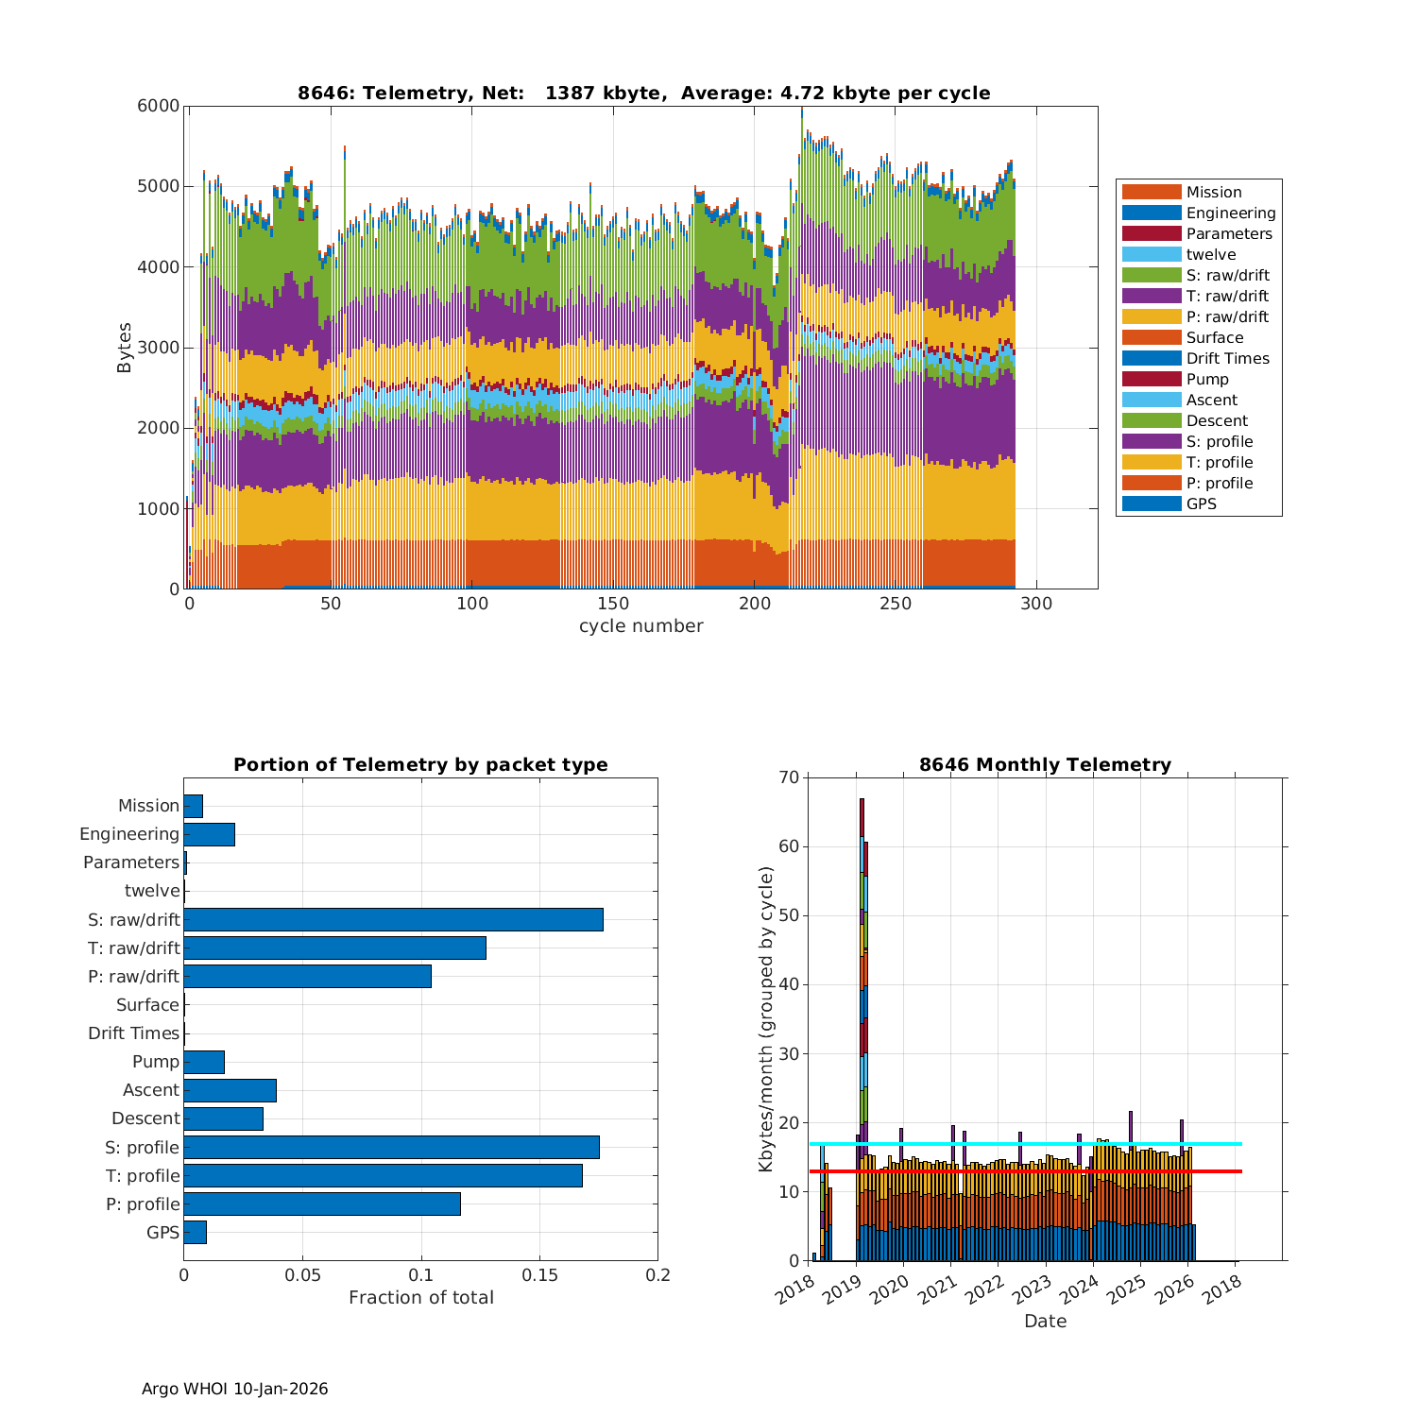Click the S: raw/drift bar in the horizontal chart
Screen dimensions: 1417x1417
pyautogui.click(x=393, y=919)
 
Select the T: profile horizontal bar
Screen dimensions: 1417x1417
pyautogui.click(x=383, y=1175)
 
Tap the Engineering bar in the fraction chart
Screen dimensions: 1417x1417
pyautogui.click(x=209, y=834)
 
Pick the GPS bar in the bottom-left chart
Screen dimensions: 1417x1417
pyautogui.click(x=195, y=1232)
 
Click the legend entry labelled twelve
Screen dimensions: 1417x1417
pyautogui.click(x=1211, y=254)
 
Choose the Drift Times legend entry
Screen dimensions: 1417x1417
pyautogui.click(x=1227, y=358)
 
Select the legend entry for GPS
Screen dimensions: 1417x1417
pyautogui.click(x=1201, y=504)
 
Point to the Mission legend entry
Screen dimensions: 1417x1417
pyautogui.click(x=1213, y=192)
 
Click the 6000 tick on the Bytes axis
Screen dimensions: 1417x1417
pyautogui.click(x=159, y=106)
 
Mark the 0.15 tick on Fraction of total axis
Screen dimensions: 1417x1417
pyautogui.click(x=539, y=1275)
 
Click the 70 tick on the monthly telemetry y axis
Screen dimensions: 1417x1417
pyautogui.click(x=789, y=777)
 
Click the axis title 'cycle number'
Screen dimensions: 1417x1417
pyautogui.click(x=640, y=626)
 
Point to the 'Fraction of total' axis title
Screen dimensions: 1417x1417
pyautogui.click(x=420, y=1298)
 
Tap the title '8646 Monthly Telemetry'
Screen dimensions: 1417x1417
pyautogui.click(x=1045, y=765)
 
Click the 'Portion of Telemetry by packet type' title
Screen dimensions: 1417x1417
pyautogui.click(x=420, y=765)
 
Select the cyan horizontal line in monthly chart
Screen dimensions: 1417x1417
pyautogui.click(x=1219, y=1144)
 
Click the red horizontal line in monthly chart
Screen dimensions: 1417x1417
pyautogui.click(x=1219, y=1171)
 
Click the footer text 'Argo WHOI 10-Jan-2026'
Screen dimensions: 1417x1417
pyautogui.click(x=234, y=1389)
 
